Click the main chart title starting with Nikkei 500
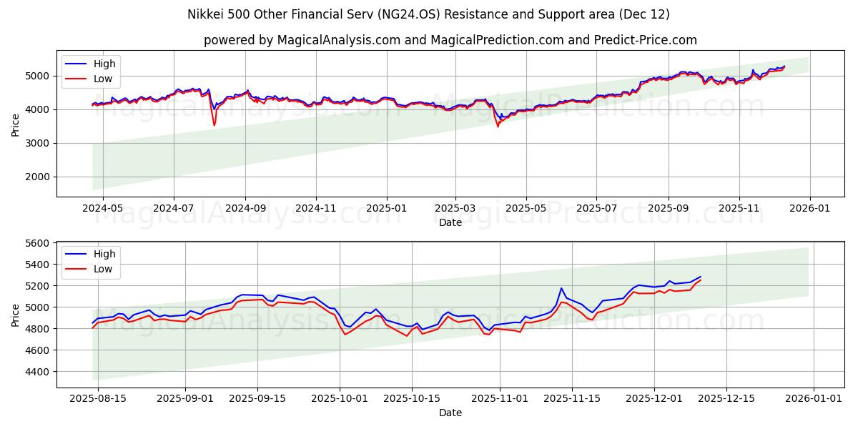click(x=428, y=14)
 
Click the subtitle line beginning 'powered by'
click(x=450, y=40)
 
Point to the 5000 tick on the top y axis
click(x=39, y=76)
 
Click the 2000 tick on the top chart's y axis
click(x=39, y=177)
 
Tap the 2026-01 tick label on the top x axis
click(x=809, y=208)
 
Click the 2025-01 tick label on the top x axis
click(x=386, y=208)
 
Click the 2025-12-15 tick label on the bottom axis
click(x=726, y=398)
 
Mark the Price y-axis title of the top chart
click(x=16, y=124)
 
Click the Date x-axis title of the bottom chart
click(x=450, y=413)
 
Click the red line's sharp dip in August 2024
click(x=214, y=125)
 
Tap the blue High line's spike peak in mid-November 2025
click(x=561, y=288)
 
